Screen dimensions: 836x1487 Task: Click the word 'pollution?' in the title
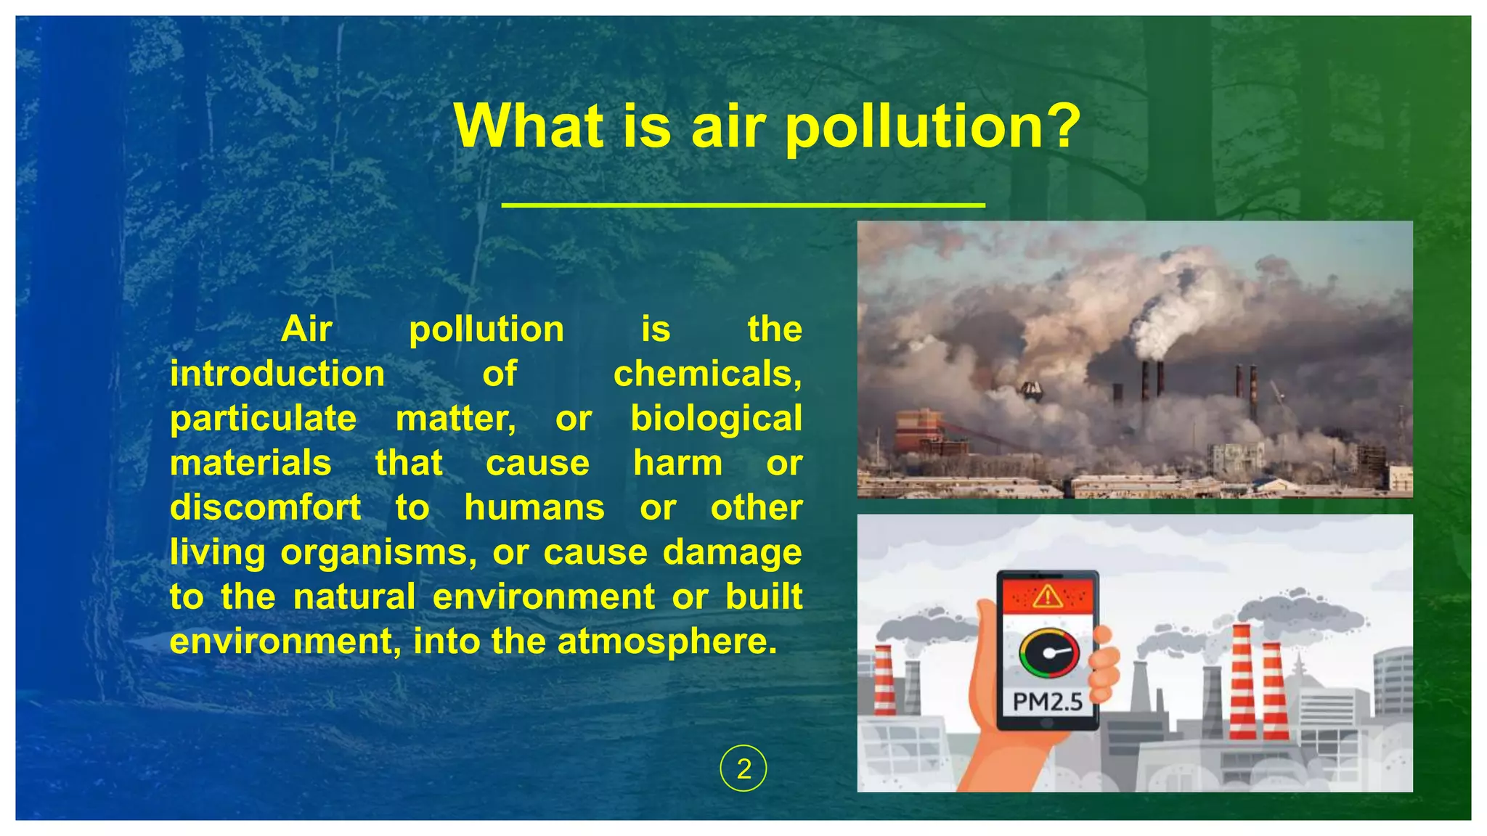pyautogui.click(x=933, y=127)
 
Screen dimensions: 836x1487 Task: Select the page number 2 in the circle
pyautogui.click(x=743, y=769)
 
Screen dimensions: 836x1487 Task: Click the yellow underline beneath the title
pyautogui.click(x=743, y=205)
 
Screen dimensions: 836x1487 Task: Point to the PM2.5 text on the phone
pyautogui.click(x=1047, y=702)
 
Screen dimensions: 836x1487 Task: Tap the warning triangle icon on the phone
pyautogui.click(x=1047, y=597)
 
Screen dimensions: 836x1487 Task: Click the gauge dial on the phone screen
pyautogui.click(x=1048, y=652)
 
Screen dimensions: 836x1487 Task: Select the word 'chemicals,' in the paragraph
pyautogui.click(x=707, y=374)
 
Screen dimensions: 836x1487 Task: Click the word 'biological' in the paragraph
pyautogui.click(x=716, y=419)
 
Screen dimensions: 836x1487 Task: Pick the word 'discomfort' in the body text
pyautogui.click(x=266, y=507)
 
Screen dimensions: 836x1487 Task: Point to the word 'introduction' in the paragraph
pyautogui.click(x=277, y=374)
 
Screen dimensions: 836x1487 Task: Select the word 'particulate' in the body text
pyautogui.click(x=264, y=419)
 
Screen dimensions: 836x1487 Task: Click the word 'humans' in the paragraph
pyautogui.click(x=534, y=507)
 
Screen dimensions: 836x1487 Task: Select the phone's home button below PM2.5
pyautogui.click(x=1047, y=724)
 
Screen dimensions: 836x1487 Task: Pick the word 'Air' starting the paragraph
pyautogui.click(x=306, y=329)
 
